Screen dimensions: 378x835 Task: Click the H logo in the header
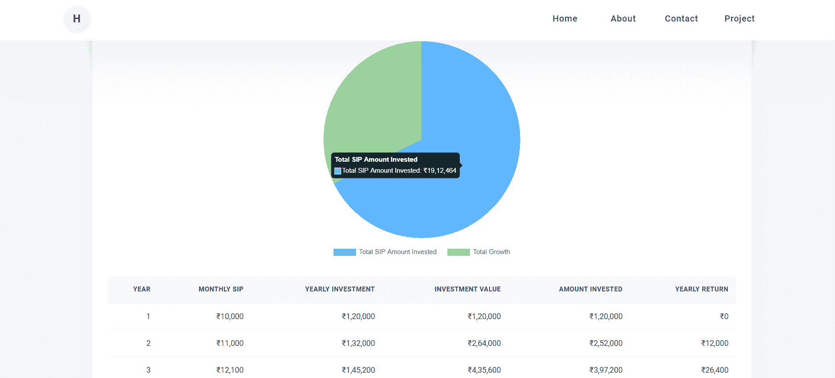coord(77,19)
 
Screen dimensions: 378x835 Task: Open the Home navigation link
coord(565,18)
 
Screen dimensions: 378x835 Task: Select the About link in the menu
coord(623,18)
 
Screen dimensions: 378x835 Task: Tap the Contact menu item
coord(681,18)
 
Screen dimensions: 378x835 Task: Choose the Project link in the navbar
coord(739,18)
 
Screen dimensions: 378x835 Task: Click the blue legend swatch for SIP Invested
coord(345,252)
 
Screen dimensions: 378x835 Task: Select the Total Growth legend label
coord(491,252)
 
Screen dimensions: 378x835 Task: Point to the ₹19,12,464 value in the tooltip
coord(440,171)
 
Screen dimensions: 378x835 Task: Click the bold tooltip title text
coord(376,160)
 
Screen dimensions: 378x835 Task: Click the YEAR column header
coord(142,289)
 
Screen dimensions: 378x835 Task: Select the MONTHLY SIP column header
coord(221,289)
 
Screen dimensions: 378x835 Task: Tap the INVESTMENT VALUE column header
coord(467,289)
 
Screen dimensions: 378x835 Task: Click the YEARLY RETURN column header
coord(701,289)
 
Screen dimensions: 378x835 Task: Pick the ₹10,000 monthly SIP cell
coord(229,316)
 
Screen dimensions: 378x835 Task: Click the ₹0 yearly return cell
coord(724,316)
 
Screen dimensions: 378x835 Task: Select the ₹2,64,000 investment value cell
coord(484,343)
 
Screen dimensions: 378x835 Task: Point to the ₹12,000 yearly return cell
coord(715,343)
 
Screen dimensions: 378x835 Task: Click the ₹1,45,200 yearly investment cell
coord(358,370)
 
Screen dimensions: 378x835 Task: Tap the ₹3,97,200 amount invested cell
coord(606,370)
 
